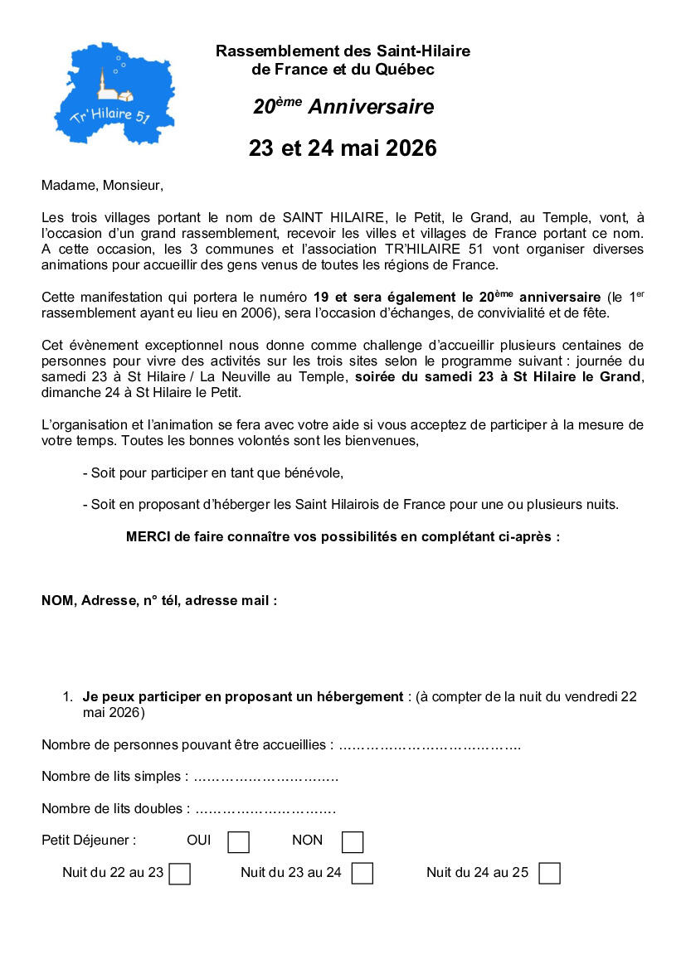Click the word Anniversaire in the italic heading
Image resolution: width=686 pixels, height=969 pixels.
click(371, 107)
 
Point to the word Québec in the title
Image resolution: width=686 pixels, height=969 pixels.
click(406, 70)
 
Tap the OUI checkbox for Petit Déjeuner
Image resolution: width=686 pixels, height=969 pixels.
click(238, 842)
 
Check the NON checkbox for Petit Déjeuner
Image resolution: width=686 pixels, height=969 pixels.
click(353, 842)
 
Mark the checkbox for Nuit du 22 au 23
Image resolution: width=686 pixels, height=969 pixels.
click(179, 874)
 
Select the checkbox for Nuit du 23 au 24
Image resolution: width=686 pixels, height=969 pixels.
click(362, 874)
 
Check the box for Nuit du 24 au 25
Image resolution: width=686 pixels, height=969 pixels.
click(549, 874)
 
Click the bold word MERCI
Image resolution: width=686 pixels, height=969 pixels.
click(148, 536)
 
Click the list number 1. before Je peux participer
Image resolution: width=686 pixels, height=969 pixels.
click(68, 697)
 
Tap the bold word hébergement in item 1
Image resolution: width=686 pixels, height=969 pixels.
click(353, 697)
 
